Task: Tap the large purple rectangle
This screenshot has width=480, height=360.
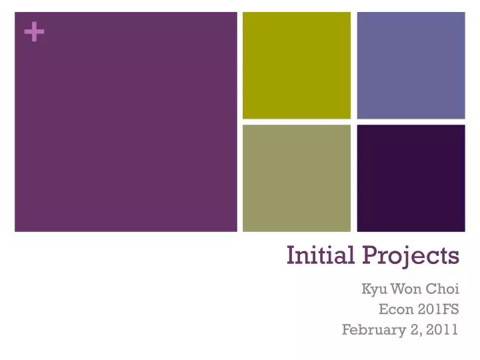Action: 126,122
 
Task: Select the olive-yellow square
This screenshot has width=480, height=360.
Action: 296,65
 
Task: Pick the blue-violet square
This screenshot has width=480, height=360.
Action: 411,65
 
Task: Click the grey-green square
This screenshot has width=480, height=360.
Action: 296,178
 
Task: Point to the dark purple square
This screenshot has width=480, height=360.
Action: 411,178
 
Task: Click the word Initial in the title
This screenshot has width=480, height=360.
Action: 321,255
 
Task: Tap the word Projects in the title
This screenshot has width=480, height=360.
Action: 411,255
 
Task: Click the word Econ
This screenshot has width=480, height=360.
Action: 393,309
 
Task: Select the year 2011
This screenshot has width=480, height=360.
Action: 443,329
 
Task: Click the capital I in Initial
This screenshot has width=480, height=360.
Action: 291,255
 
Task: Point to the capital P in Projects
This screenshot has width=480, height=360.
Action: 370,255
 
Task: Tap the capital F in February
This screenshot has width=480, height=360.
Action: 346,329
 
